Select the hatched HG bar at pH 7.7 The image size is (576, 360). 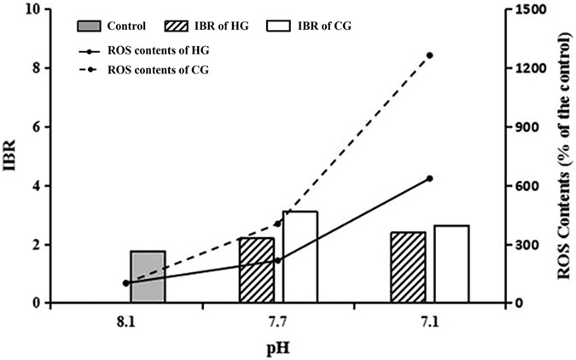coord(257,270)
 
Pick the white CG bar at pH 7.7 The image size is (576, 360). coord(300,257)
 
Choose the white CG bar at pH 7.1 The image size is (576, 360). coord(451,264)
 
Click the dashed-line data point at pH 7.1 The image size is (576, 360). coord(430,55)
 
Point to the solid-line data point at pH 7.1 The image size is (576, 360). coord(430,178)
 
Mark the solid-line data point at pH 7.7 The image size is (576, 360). coord(278,260)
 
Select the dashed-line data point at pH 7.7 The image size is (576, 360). coord(278,224)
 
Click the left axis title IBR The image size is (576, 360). coord(11,157)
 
